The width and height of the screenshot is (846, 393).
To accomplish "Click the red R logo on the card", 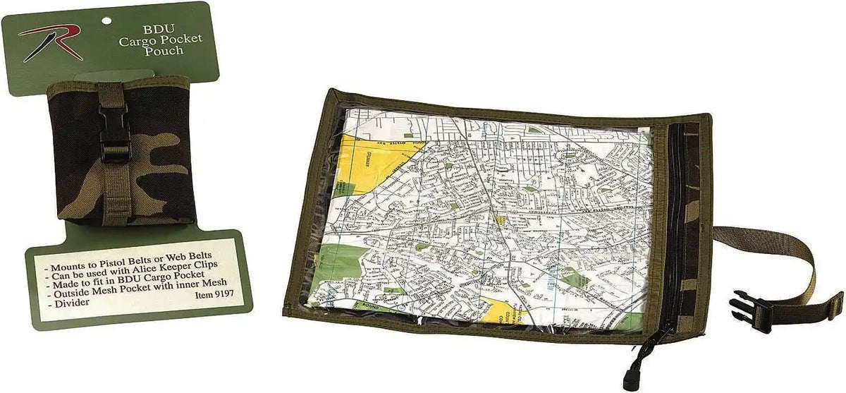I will tap(49, 42).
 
